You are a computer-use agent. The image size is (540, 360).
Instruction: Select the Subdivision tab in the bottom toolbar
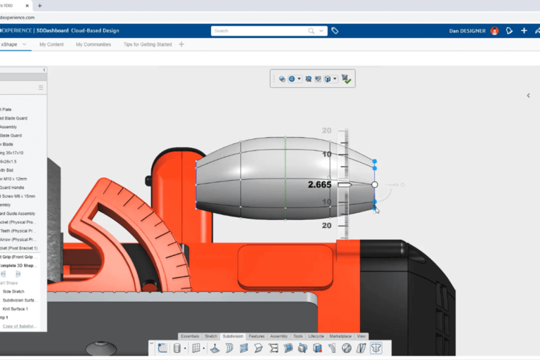coord(233,336)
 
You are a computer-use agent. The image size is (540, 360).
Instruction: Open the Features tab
coord(257,336)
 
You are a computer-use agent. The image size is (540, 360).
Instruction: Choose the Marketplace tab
coord(340,336)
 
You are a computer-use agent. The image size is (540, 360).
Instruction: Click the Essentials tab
coord(190,336)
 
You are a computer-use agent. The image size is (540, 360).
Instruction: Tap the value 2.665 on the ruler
coord(319,185)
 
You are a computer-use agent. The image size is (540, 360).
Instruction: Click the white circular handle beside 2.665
coord(375,185)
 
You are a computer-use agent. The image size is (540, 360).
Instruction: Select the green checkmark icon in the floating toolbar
coord(346,79)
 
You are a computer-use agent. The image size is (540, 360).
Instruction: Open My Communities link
coord(94,44)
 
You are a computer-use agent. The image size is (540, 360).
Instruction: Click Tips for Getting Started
coord(148,44)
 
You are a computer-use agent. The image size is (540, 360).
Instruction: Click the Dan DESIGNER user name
coord(468,31)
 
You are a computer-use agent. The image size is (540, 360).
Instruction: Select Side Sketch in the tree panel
coord(14,291)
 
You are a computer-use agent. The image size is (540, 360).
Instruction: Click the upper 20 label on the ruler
coord(326,131)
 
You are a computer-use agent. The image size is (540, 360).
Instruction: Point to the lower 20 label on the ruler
coord(326,226)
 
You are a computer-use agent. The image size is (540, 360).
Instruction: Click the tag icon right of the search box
coord(335,31)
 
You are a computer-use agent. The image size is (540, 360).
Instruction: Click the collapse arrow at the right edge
coord(528,96)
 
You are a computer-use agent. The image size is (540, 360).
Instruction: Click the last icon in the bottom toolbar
coord(376,348)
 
